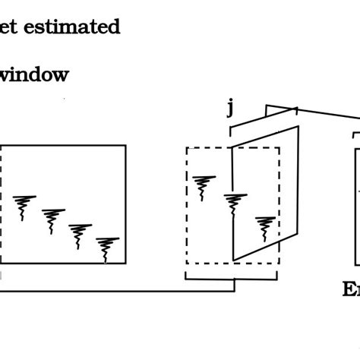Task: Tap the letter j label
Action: (x=230, y=108)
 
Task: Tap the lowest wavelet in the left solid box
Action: (x=107, y=248)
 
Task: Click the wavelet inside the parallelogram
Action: (x=264, y=226)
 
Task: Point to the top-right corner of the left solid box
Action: (x=125, y=145)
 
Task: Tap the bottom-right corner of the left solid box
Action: (x=125, y=264)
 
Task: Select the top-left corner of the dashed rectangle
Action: (x=187, y=148)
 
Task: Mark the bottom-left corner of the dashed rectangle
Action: (x=187, y=264)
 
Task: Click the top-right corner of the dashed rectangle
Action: (x=279, y=148)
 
